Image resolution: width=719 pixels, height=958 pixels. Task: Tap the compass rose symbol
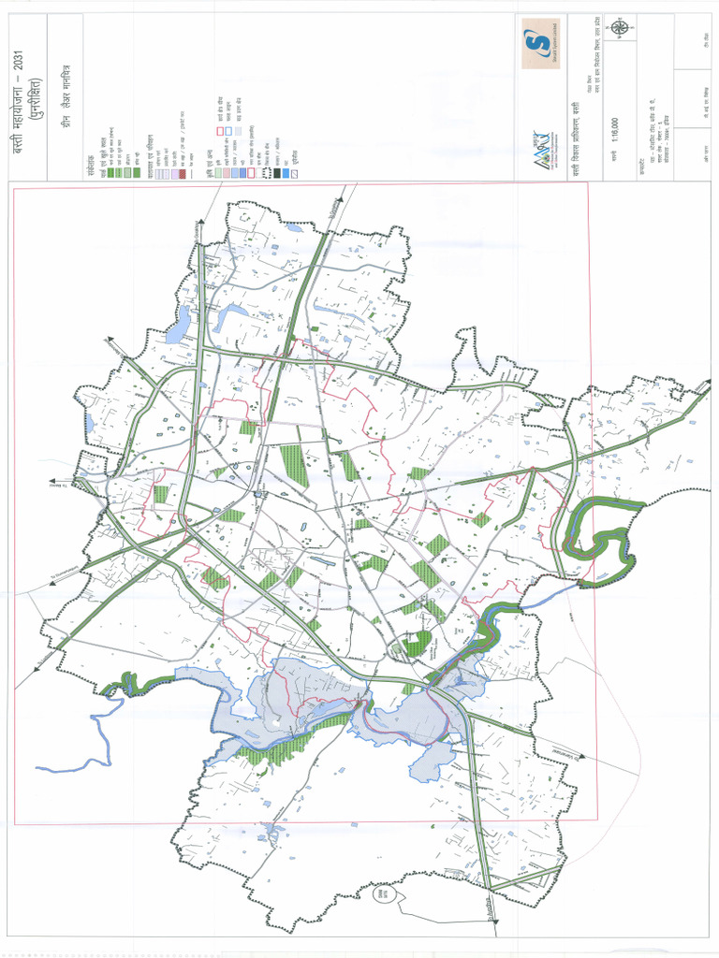click(x=620, y=28)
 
